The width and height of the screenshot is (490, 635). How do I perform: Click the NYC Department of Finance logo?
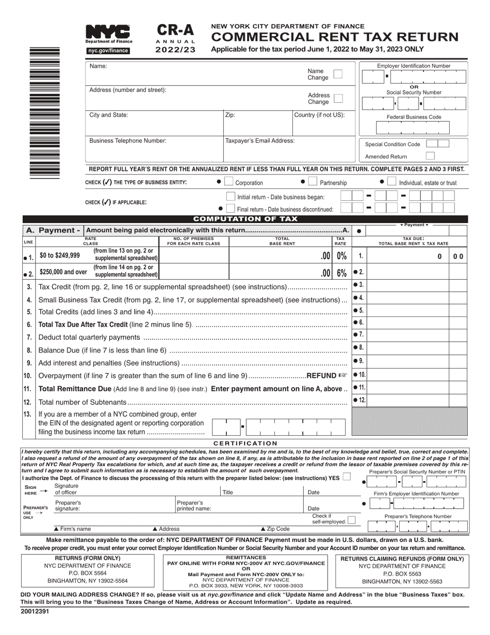pyautogui.click(x=108, y=34)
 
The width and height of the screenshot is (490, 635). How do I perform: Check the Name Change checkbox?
pyautogui.click(x=338, y=74)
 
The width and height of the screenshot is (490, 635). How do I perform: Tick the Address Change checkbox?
pyautogui.click(x=338, y=98)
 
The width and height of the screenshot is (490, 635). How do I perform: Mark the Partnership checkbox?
pyautogui.click(x=312, y=182)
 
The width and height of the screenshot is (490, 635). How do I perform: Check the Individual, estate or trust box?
pyautogui.click(x=391, y=182)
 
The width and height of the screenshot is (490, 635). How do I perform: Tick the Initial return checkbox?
pyautogui.click(x=231, y=197)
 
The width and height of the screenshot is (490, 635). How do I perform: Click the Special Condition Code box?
pyautogui.click(x=438, y=144)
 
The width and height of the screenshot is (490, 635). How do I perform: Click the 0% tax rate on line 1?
pyautogui.click(x=341, y=256)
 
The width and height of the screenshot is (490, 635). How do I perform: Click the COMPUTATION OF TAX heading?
pyautogui.click(x=245, y=219)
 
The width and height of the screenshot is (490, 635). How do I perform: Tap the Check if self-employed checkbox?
pyautogui.click(x=351, y=520)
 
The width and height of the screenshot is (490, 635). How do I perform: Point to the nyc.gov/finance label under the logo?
pyautogui.click(x=107, y=51)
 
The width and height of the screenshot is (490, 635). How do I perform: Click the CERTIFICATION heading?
pyautogui.click(x=245, y=443)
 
